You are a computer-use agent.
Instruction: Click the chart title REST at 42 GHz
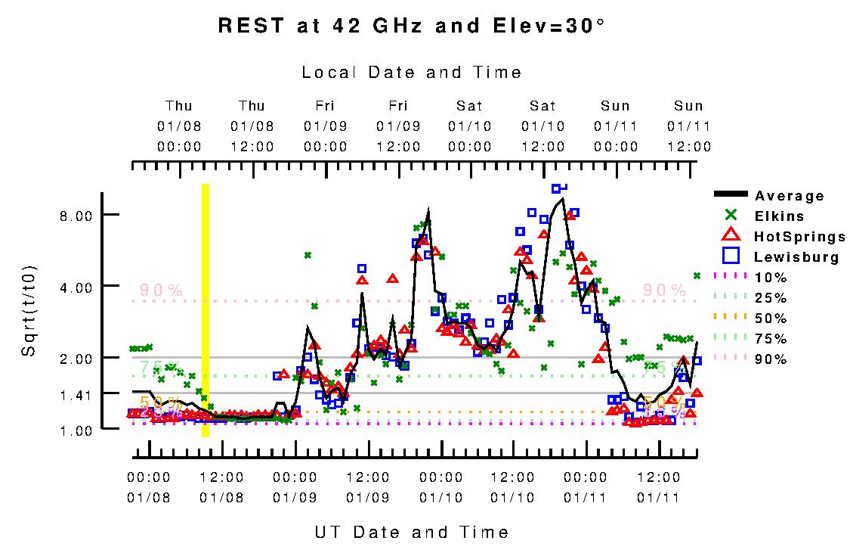coord(412,26)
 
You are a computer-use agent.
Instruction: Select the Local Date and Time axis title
coord(412,73)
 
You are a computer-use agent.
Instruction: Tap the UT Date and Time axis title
coord(412,533)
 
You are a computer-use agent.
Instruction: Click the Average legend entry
coord(789,196)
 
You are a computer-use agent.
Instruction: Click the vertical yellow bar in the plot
coord(205,310)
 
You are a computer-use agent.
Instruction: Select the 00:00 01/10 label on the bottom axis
coord(441,487)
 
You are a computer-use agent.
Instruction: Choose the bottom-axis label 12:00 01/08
coord(222,487)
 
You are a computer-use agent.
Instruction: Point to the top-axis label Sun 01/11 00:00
coord(616,126)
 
